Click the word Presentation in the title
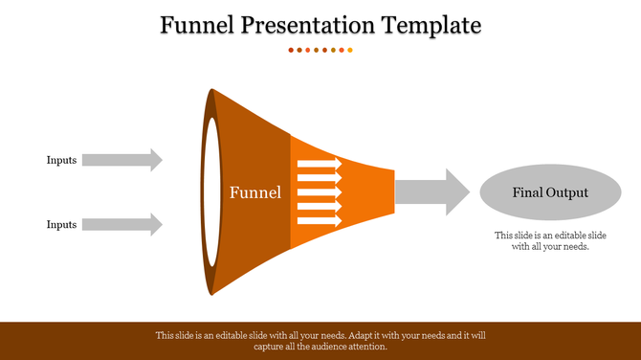coord(303,24)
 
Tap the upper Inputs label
coord(61,160)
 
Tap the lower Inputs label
coord(61,224)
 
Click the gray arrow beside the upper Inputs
coord(122,160)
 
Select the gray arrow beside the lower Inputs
coord(122,224)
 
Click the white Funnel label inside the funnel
coord(255,192)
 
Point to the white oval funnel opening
coord(207,191)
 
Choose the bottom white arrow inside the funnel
coord(320,220)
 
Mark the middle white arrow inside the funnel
coord(320,192)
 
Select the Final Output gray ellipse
coord(549,192)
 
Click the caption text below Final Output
coord(549,240)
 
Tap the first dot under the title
coord(291,49)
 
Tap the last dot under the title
coord(350,49)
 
